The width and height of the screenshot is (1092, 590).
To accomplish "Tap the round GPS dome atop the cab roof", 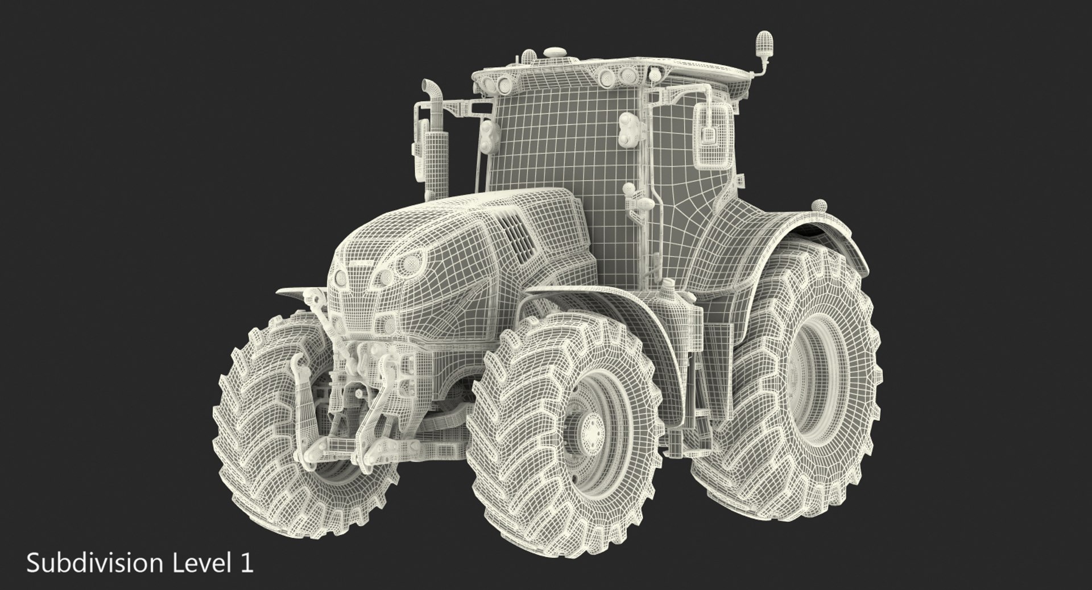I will click(x=551, y=53).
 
